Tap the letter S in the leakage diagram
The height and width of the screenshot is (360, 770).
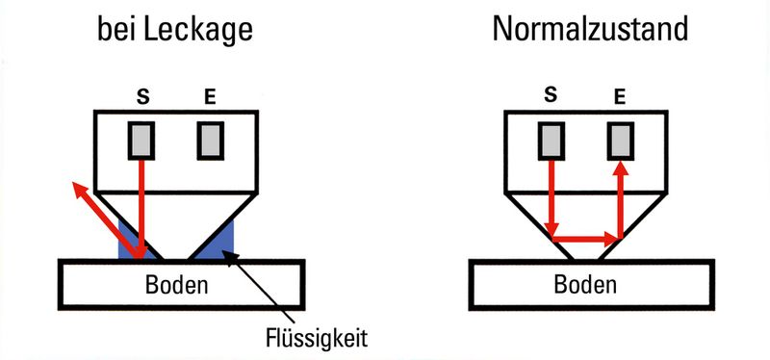(x=143, y=96)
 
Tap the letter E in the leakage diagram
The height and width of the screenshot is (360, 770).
(x=209, y=96)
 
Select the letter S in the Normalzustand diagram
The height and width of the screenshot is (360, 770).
(x=552, y=94)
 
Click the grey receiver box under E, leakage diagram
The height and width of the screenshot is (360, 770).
(x=210, y=141)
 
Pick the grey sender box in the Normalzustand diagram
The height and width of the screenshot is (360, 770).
(x=552, y=141)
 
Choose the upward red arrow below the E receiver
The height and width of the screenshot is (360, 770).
(x=619, y=197)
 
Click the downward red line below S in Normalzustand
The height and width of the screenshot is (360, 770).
(x=551, y=197)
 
